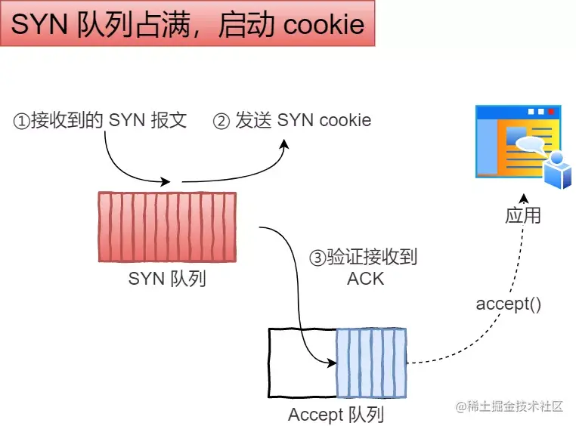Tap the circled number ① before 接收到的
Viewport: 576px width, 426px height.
(x=21, y=121)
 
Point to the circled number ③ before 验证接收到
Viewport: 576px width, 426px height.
(x=317, y=258)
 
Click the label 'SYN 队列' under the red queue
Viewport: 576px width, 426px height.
(x=167, y=279)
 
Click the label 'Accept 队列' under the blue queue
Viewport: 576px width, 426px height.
(x=336, y=415)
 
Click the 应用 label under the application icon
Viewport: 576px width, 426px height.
(x=523, y=215)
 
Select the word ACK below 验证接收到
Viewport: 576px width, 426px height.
(x=365, y=279)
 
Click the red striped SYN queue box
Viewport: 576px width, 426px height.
(x=167, y=227)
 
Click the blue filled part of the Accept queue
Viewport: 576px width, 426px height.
(x=371, y=363)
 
